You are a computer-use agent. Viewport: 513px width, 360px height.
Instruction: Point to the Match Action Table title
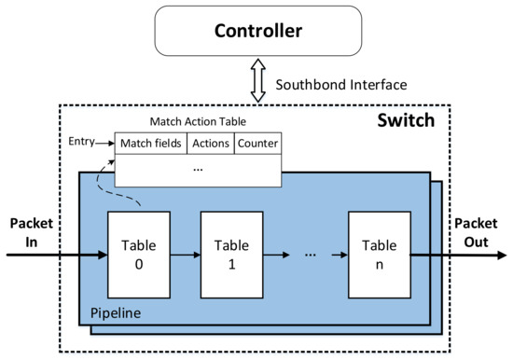tap(198, 122)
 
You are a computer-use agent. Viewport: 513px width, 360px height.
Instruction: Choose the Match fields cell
tap(150, 143)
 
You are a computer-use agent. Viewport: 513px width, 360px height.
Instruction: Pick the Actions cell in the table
tap(210, 143)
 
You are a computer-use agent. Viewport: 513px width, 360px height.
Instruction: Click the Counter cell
tap(257, 143)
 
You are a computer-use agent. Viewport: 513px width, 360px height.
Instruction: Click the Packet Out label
tap(477, 232)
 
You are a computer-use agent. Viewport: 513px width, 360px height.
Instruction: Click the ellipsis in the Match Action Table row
tap(197, 170)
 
